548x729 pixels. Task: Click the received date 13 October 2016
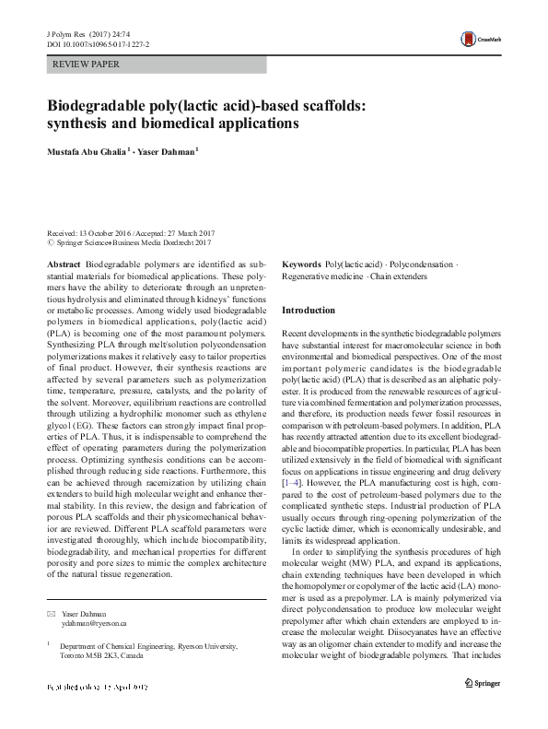105,235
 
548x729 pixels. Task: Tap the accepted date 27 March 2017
188,235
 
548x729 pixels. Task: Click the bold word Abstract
64,264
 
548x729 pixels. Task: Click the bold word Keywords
301,264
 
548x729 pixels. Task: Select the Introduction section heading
309,311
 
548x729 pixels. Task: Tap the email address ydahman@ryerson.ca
87,624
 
